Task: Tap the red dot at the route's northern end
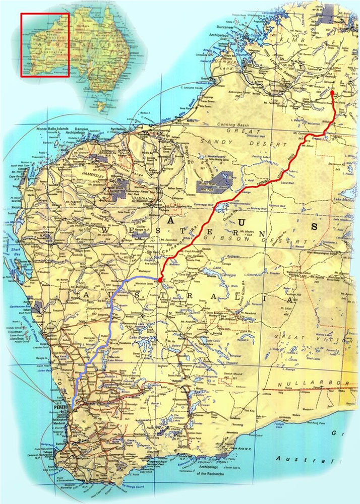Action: click(x=332, y=93)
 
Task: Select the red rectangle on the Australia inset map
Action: click(x=44, y=45)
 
